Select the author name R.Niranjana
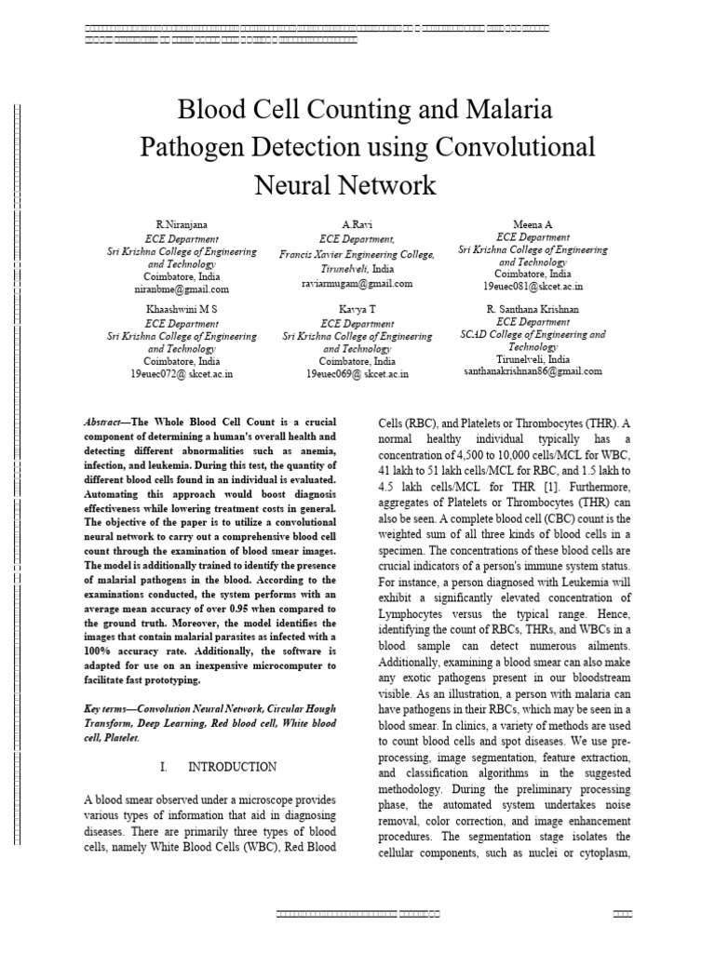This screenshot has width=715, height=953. pyautogui.click(x=181, y=225)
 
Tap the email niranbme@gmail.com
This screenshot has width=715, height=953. pyautogui.click(x=182, y=289)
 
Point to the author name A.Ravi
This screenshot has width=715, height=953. pyautogui.click(x=357, y=225)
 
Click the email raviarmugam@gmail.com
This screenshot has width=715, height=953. pyautogui.click(x=357, y=283)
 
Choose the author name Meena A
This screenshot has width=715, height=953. pyautogui.click(x=533, y=224)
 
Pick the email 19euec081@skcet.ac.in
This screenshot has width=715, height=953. pyautogui.click(x=533, y=289)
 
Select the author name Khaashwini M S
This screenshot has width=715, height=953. pyautogui.click(x=182, y=307)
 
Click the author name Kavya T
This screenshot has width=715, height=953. pyautogui.click(x=357, y=307)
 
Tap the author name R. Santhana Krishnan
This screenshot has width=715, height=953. pyautogui.click(x=533, y=307)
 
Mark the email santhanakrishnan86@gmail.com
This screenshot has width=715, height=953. pyautogui.click(x=533, y=370)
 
